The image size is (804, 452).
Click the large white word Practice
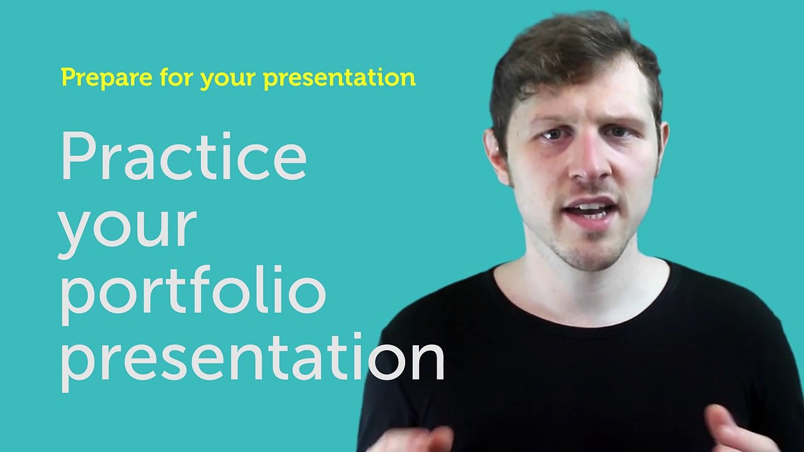pos(183,157)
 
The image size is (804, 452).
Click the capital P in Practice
pos(78,157)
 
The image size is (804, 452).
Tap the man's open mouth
pos(591,210)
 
